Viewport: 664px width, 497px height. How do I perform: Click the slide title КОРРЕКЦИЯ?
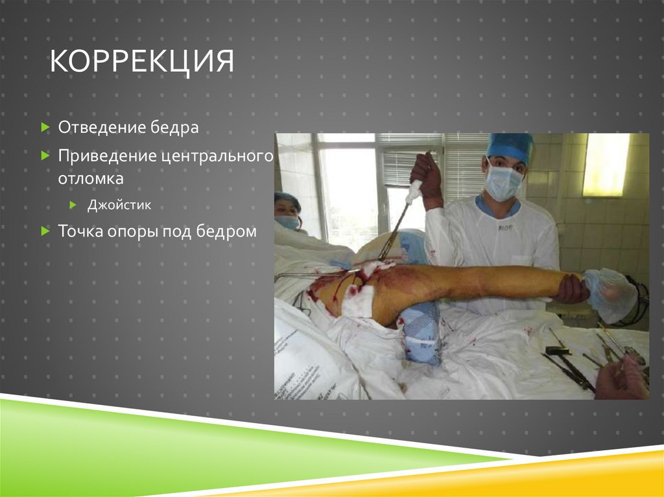(x=142, y=64)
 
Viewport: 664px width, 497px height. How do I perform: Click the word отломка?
(x=91, y=178)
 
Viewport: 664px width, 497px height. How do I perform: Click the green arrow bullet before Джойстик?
(x=74, y=205)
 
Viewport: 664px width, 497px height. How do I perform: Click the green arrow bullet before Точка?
(x=45, y=231)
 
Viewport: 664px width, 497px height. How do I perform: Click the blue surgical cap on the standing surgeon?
(x=510, y=146)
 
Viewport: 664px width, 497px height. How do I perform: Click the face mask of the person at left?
(x=288, y=222)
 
